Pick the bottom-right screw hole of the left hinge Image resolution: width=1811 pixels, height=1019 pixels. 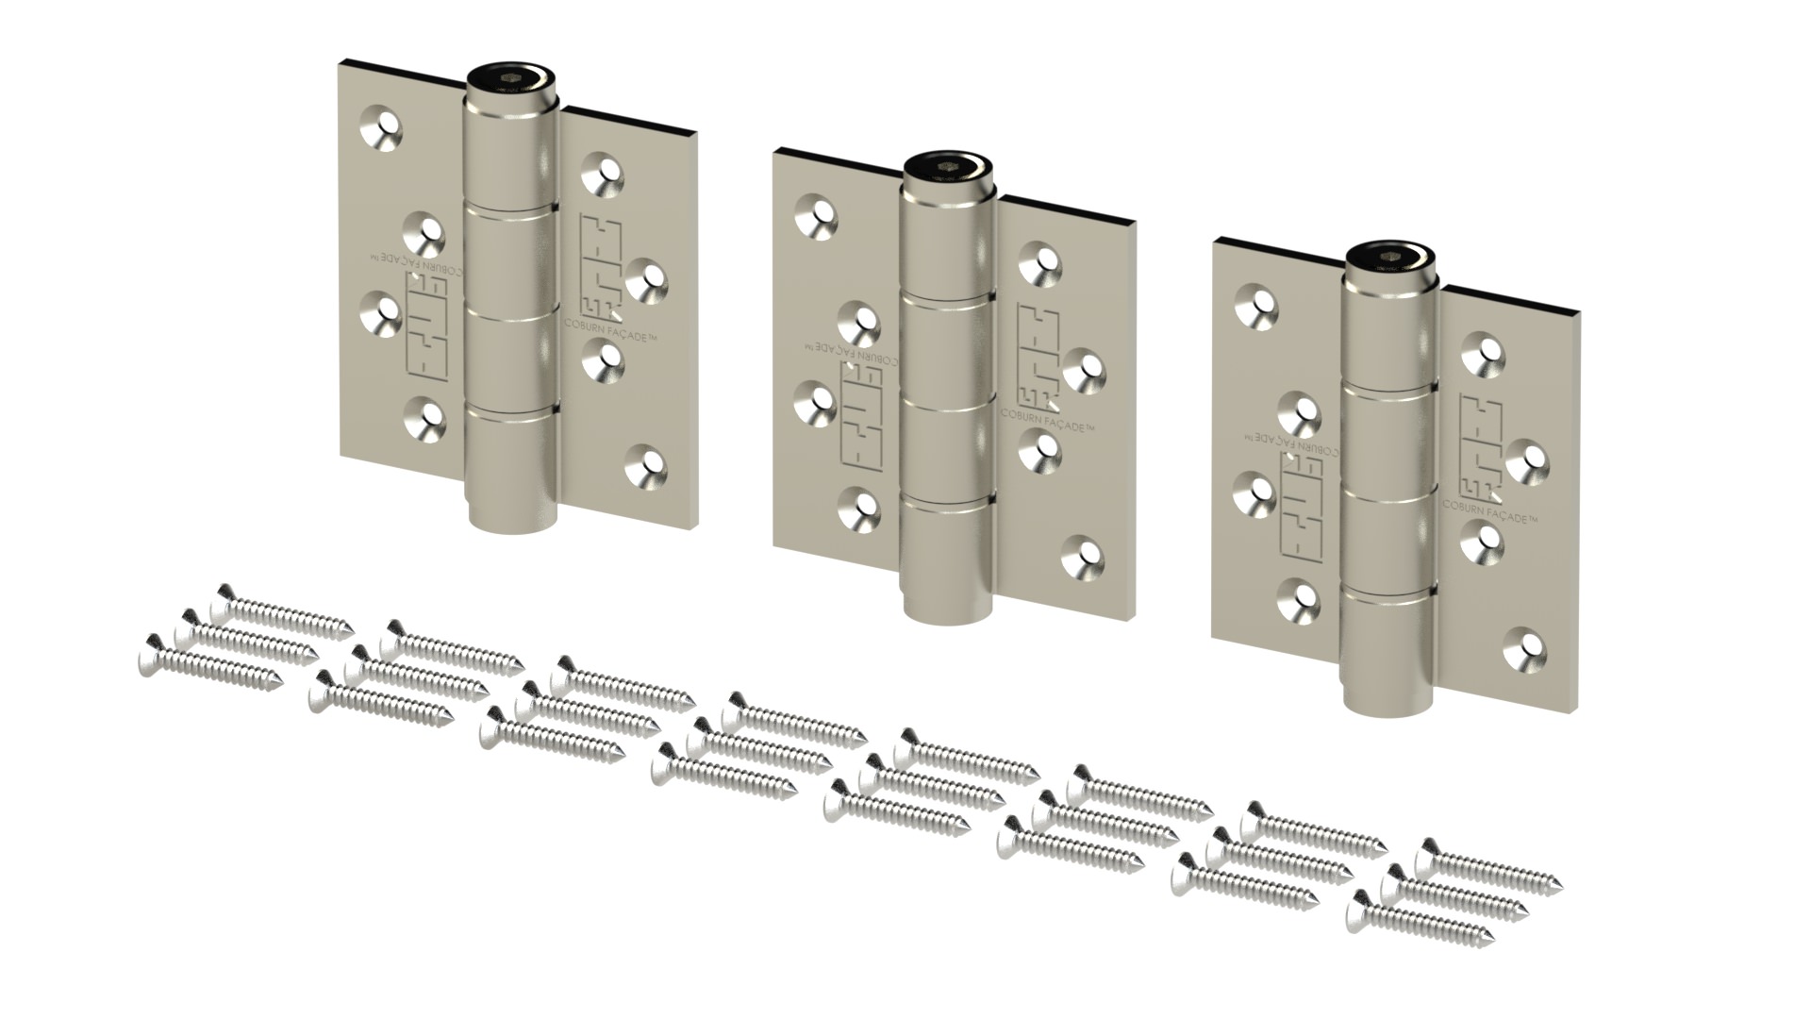(646, 462)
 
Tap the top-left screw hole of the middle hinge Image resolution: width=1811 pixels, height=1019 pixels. (816, 215)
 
